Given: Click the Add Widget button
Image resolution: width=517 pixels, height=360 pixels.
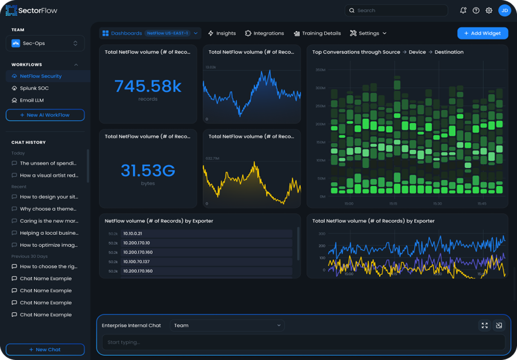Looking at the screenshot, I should tap(482, 33).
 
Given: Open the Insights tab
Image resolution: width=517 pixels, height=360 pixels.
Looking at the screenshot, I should tap(222, 33).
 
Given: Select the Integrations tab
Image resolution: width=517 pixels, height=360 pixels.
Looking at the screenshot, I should tap(264, 33).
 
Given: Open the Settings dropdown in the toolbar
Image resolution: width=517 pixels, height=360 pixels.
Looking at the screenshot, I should tap(368, 33).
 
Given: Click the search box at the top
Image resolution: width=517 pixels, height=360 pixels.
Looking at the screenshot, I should tap(396, 10).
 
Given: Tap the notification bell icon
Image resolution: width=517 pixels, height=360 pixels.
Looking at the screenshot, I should tap(463, 10).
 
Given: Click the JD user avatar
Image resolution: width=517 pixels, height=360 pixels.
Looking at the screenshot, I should tap(505, 10).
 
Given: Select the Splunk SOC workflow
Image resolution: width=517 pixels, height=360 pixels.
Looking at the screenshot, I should tap(34, 88).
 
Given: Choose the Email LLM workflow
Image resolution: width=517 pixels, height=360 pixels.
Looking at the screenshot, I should tap(32, 100).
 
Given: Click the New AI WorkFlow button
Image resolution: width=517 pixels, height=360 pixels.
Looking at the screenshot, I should tap(45, 115).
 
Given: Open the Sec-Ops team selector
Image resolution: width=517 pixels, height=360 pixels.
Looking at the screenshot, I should tap(45, 44).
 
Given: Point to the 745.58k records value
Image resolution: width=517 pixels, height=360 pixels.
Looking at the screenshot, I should tap(148, 86).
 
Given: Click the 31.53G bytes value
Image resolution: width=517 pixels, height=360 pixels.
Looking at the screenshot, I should tap(148, 171).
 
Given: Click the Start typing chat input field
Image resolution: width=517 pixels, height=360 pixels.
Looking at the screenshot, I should tap(303, 342).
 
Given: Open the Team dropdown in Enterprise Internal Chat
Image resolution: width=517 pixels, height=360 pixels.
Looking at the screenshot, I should tap(227, 325).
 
